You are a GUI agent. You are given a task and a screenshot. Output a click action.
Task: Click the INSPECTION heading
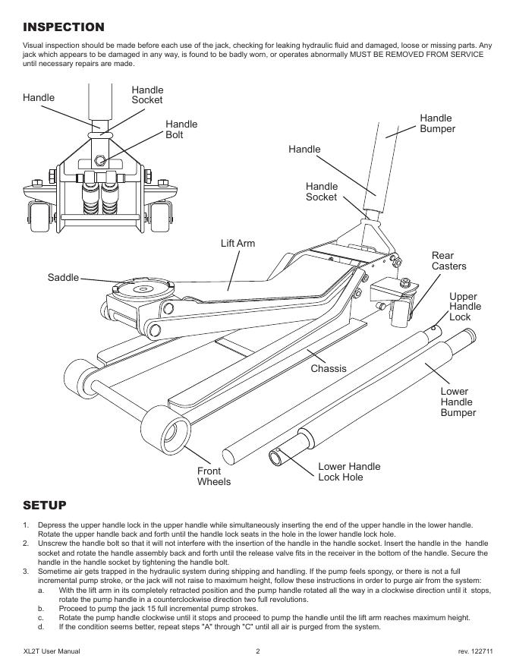pos(64,27)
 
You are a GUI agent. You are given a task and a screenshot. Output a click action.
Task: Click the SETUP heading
pos(45,506)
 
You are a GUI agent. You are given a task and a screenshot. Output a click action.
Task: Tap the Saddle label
pos(63,277)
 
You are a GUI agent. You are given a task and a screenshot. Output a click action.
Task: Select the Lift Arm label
pos(238,243)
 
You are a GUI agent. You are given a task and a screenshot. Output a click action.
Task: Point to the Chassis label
pos(329,368)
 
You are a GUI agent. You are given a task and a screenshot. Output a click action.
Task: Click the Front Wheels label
pos(214,476)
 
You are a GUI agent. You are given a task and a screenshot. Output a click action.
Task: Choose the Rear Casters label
pos(448,260)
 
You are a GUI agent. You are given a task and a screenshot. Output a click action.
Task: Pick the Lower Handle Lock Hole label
pos(349,471)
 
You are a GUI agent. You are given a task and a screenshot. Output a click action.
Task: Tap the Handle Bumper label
pos(437,124)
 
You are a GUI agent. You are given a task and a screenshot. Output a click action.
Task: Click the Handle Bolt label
pos(181,130)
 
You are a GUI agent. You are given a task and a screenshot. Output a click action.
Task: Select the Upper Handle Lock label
pos(465,307)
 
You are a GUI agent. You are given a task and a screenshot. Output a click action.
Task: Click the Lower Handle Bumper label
pos(458,402)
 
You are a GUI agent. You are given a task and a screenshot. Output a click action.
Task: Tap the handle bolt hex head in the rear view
pos(99,161)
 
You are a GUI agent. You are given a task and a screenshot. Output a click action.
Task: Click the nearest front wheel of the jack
pos(166,427)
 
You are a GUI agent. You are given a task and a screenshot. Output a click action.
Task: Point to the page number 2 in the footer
pos(257,651)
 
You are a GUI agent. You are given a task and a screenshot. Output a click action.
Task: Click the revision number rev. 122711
pos(476,651)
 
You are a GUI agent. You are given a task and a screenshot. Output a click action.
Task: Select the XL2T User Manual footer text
pos(52,651)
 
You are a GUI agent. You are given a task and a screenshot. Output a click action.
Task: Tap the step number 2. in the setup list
pos(26,544)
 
